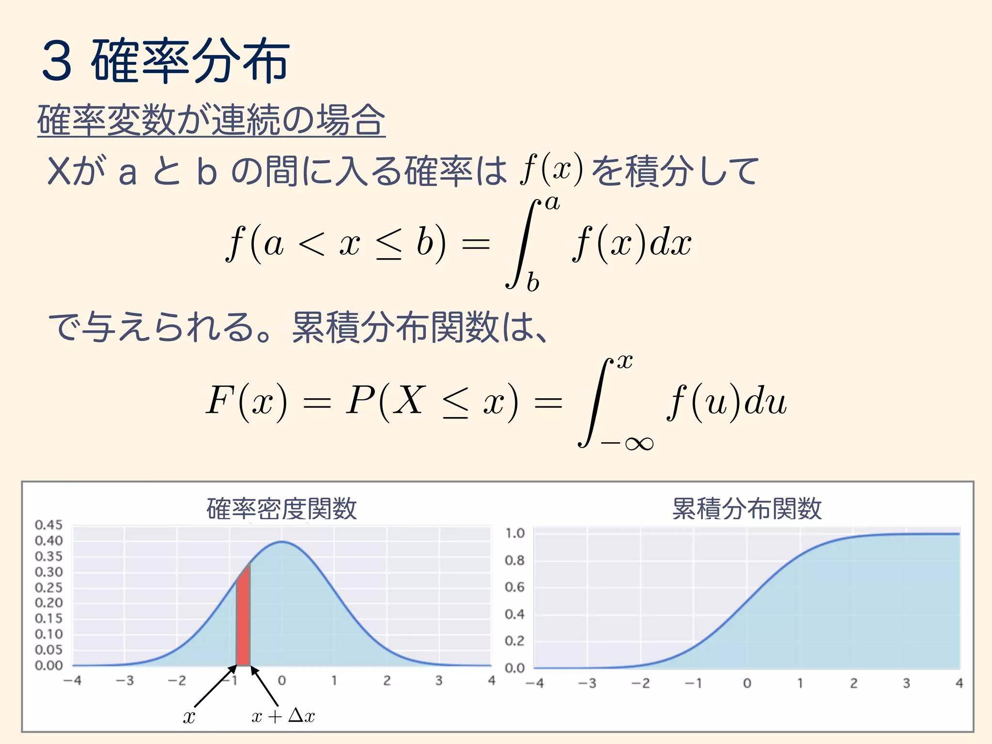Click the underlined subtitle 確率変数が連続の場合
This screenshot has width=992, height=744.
[x=211, y=120]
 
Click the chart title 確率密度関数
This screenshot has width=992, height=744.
[x=281, y=509]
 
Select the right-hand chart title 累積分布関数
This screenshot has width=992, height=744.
[x=746, y=509]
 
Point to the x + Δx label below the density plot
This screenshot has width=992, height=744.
[x=283, y=716]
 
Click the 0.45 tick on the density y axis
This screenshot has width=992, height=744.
[x=49, y=525]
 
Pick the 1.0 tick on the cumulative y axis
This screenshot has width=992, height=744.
[x=515, y=533]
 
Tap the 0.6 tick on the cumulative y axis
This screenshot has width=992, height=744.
[x=515, y=587]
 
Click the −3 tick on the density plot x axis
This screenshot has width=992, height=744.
[x=124, y=681]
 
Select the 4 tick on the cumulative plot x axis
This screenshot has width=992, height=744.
[x=959, y=683]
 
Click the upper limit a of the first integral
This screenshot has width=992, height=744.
[x=553, y=203]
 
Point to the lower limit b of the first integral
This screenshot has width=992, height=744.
[x=533, y=282]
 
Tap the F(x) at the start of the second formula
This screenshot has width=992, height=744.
[x=247, y=401]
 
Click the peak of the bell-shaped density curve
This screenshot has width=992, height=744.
[x=282, y=542]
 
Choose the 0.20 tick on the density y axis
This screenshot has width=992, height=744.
[x=49, y=603]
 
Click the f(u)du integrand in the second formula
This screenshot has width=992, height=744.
[x=727, y=401]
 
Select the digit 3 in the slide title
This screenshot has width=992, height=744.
[x=58, y=61]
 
